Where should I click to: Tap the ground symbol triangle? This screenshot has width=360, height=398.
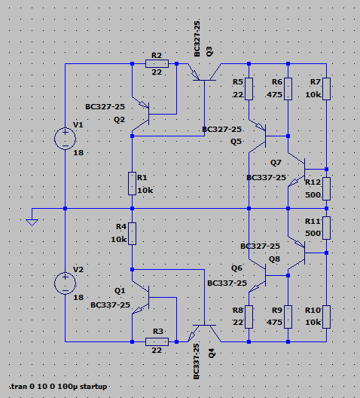point(32,222)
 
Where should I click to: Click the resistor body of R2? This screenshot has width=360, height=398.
point(157,63)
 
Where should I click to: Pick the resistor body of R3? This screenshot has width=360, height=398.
point(157,341)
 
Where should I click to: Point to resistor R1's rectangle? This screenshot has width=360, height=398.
point(132,183)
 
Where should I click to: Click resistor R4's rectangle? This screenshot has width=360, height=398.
point(132,234)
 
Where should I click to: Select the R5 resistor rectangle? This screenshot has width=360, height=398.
point(249,89)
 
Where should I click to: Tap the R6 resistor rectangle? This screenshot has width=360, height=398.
point(288,89)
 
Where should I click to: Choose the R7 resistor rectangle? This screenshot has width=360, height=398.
point(327,89)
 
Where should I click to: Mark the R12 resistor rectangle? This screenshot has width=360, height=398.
point(327,189)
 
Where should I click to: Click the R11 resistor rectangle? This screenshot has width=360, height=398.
point(327,228)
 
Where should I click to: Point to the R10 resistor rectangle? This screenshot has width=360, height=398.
point(327,317)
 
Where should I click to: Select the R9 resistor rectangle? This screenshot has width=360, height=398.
point(288,317)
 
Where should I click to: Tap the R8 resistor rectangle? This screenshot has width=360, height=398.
point(249,317)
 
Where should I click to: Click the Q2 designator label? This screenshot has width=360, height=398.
point(120,120)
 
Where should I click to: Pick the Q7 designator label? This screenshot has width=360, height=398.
point(276,163)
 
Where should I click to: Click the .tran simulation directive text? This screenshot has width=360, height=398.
point(58,387)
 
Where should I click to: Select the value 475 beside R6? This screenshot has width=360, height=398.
point(274,95)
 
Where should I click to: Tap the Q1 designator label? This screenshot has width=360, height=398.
point(120,291)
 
